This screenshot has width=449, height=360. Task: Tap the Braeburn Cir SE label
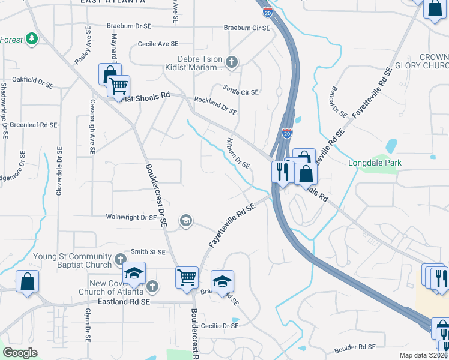[x=247, y=28]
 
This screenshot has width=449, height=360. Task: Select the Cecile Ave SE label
[x=158, y=44]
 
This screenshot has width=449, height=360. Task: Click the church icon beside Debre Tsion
[x=232, y=61]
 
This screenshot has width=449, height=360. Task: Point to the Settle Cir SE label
[x=241, y=92]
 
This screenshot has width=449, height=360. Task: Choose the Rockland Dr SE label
[x=215, y=106]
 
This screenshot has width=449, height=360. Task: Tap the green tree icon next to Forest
[x=32, y=40]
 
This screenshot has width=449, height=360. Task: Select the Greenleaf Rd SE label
[x=33, y=125]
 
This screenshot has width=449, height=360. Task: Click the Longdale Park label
[x=375, y=163]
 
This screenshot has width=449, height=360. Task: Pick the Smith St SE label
[x=148, y=253]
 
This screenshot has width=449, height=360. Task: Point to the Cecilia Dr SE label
[x=220, y=325]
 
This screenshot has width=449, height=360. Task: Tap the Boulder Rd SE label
[x=355, y=347]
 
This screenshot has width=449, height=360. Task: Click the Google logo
[x=20, y=353]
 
